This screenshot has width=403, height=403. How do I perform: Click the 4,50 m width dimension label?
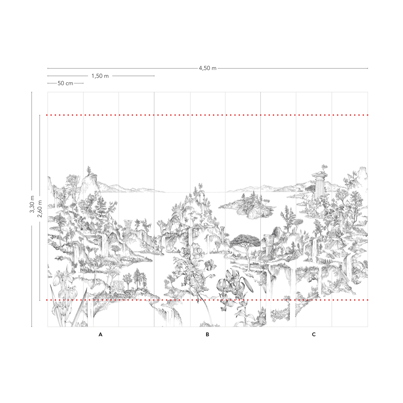pos(208,68)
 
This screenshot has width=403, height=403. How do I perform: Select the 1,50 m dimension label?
pos(100,76)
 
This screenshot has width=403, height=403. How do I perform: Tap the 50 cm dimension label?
pos(65,83)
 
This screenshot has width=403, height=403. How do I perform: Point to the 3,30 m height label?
pos(32,204)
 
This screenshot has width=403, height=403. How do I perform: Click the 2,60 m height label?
pos(40,209)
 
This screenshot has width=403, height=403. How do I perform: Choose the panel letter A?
pos(101,334)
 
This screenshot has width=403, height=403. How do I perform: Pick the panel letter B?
pos(207,334)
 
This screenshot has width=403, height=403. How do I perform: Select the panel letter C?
pos(314,334)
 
